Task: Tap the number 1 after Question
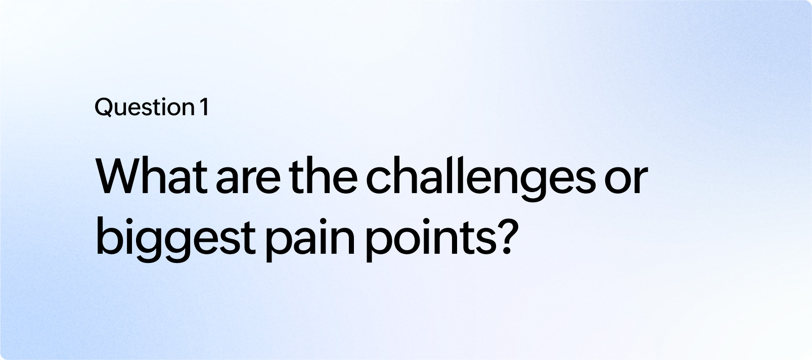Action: click(203, 108)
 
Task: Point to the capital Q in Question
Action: click(103, 108)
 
